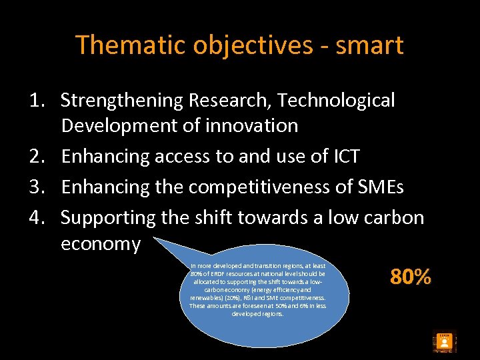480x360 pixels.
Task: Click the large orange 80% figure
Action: click(411, 277)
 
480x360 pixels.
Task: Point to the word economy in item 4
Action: click(101, 244)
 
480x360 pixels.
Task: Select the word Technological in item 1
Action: click(337, 101)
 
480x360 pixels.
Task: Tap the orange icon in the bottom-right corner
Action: click(443, 342)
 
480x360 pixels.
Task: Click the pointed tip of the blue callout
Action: click(154, 237)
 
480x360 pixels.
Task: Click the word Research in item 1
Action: click(231, 101)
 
